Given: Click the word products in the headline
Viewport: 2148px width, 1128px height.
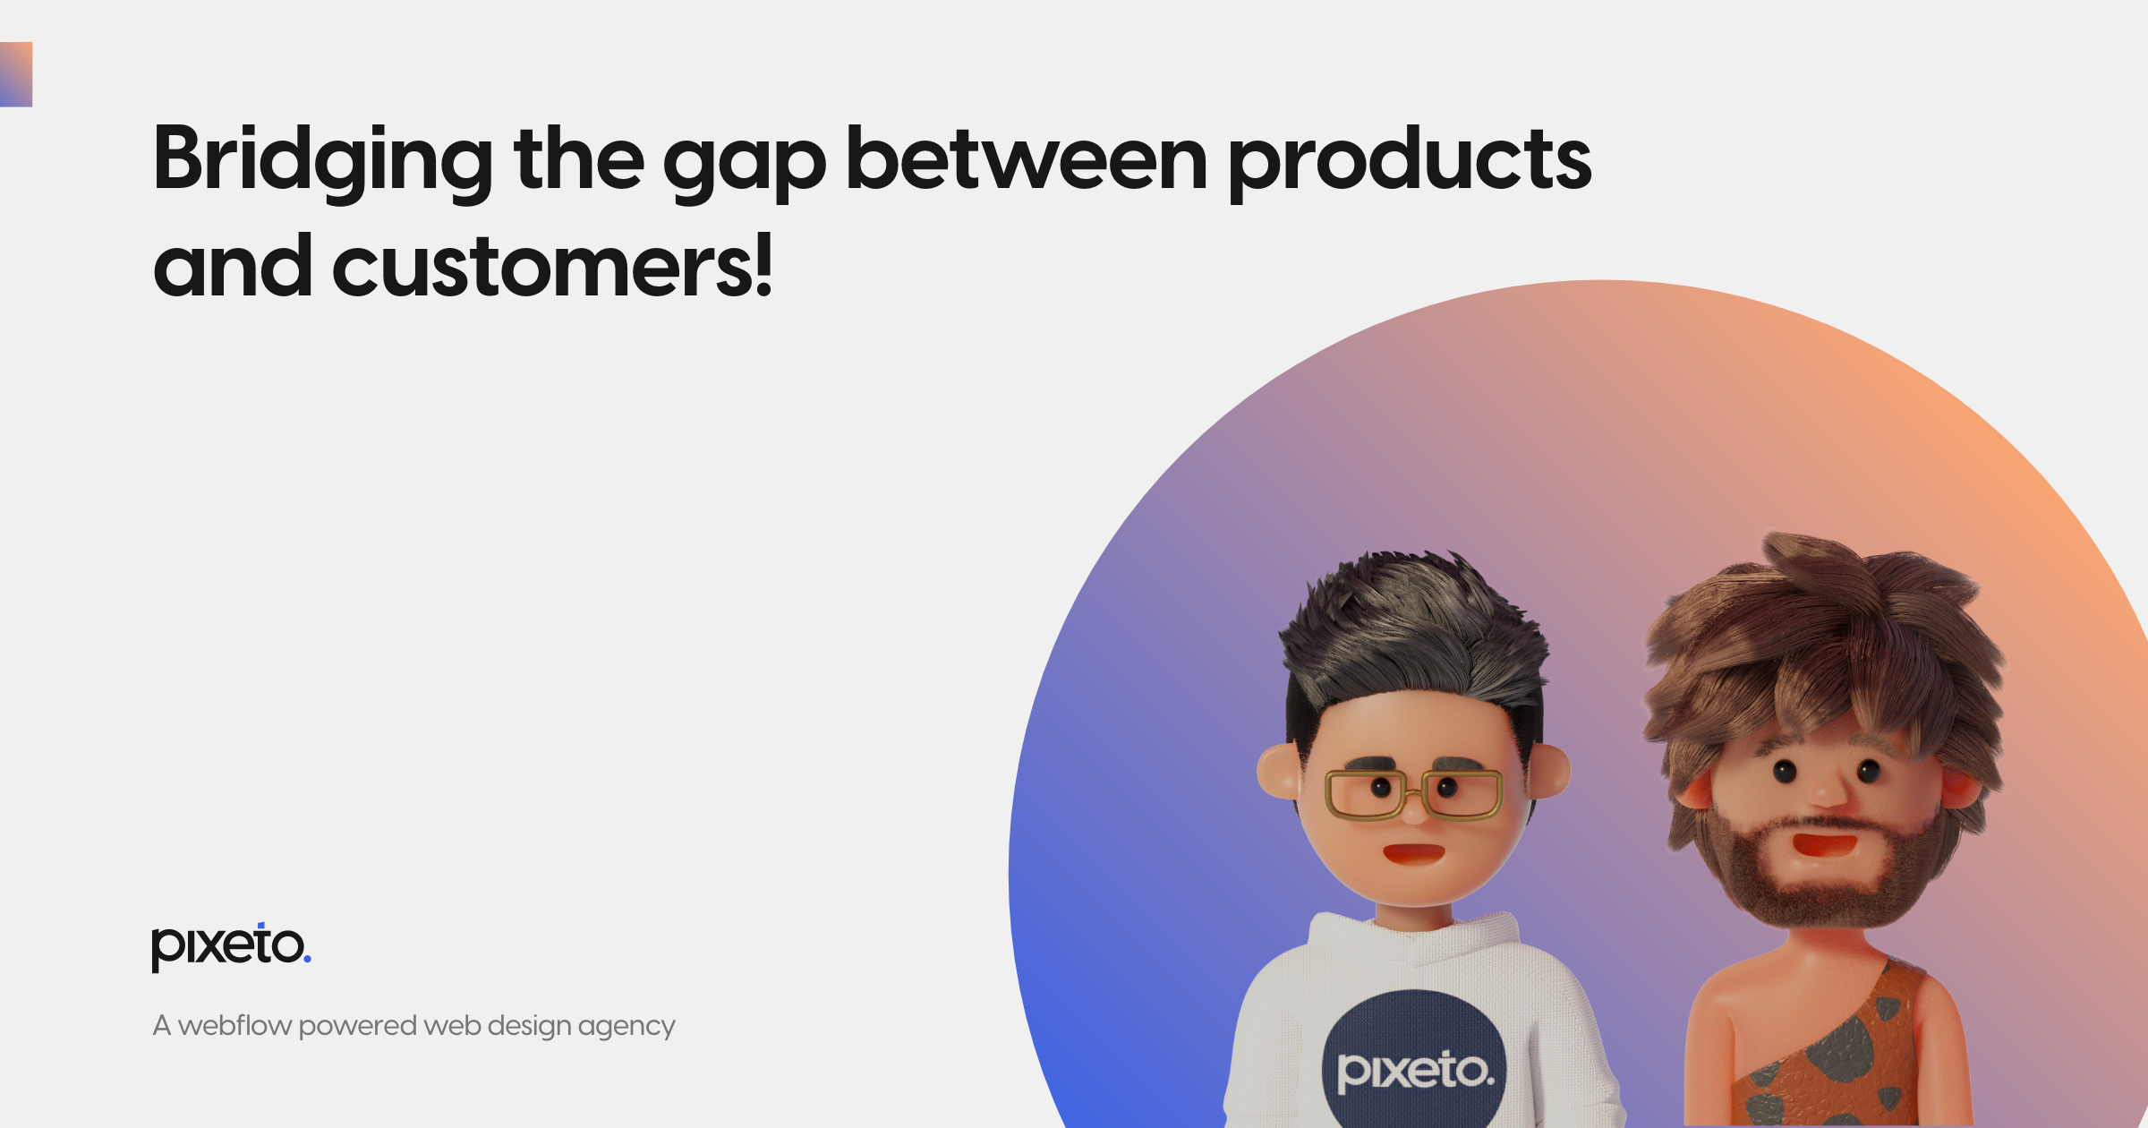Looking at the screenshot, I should pyautogui.click(x=1409, y=161).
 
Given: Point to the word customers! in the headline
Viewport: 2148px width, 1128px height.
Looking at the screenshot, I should pyautogui.click(x=551, y=267).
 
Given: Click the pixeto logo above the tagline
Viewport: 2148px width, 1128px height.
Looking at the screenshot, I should pyautogui.click(x=229, y=946).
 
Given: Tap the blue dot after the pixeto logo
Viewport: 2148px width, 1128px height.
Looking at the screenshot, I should pyautogui.click(x=308, y=960).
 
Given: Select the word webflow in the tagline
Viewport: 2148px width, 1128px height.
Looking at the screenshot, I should pyautogui.click(x=234, y=1025).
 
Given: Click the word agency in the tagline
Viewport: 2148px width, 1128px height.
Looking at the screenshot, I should pyautogui.click(x=626, y=1027).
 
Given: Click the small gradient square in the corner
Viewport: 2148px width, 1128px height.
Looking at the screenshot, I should pyautogui.click(x=15, y=74).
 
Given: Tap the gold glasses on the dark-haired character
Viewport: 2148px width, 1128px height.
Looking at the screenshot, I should pyautogui.click(x=1413, y=793).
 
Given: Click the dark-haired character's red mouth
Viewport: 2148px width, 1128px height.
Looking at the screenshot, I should pyautogui.click(x=1413, y=852).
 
